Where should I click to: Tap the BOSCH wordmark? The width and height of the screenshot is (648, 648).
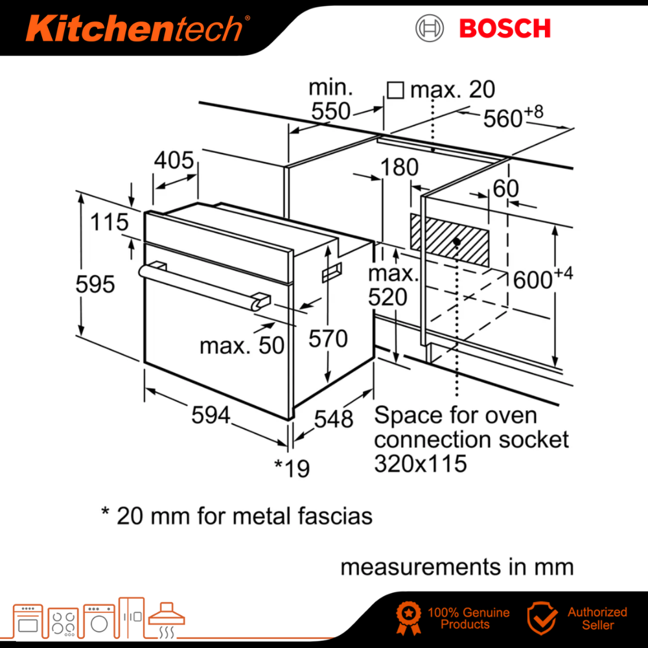(504, 29)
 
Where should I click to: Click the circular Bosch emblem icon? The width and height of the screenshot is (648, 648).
(430, 29)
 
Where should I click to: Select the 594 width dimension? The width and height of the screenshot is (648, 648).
(211, 415)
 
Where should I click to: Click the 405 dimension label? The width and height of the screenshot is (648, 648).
(174, 160)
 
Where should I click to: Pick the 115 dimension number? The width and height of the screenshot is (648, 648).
(109, 222)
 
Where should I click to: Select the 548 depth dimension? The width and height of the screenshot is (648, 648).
(334, 419)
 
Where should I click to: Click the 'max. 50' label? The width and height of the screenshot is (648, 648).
(242, 345)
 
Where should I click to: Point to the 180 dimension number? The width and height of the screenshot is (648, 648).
(399, 167)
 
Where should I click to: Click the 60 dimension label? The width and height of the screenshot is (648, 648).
(506, 189)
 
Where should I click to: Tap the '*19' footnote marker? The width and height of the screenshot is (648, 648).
(292, 467)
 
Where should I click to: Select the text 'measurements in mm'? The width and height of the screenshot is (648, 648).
(457, 566)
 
